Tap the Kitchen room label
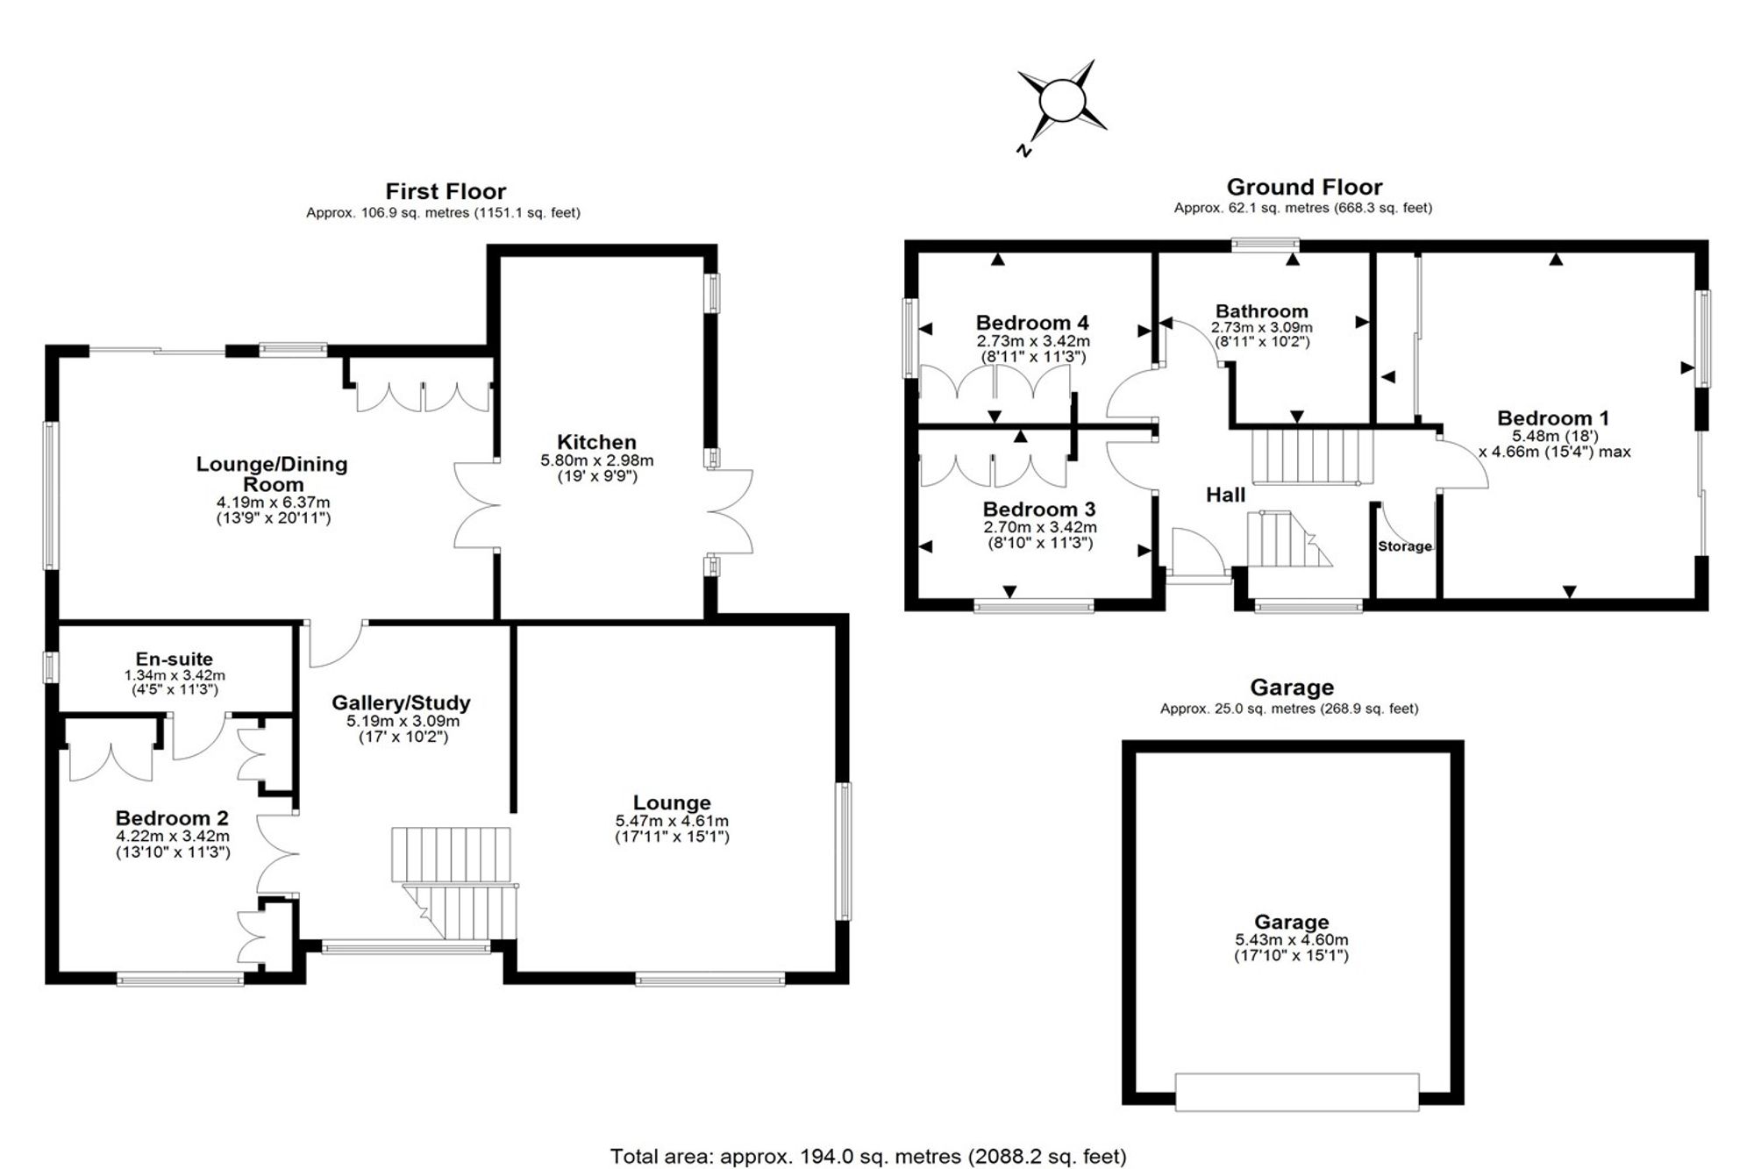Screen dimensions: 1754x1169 [x=596, y=442]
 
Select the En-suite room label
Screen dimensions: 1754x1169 [x=174, y=659]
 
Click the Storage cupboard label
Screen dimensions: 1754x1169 [x=1405, y=546]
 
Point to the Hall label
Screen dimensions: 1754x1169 [x=1225, y=495]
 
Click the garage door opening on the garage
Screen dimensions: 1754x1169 [x=1297, y=1092]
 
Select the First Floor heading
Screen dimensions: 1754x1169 [x=446, y=191]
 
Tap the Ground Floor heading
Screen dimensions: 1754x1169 [x=1304, y=187]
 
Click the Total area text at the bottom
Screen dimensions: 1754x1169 [x=868, y=1156]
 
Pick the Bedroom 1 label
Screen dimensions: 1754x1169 [x=1552, y=418]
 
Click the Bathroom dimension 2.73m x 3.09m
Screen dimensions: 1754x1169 [x=1262, y=327]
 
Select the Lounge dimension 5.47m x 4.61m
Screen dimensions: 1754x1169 [x=672, y=821]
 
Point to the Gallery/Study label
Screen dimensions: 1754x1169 [x=401, y=702]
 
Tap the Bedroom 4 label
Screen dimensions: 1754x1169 [x=1032, y=323]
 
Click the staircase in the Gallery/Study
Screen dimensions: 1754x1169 [x=453, y=882]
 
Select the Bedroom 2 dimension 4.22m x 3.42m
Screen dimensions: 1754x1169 [x=173, y=837]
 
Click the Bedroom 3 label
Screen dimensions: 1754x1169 [x=1039, y=510]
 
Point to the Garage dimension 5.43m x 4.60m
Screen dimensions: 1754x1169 [x=1291, y=940]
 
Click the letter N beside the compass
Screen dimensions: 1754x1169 [x=1023, y=151]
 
